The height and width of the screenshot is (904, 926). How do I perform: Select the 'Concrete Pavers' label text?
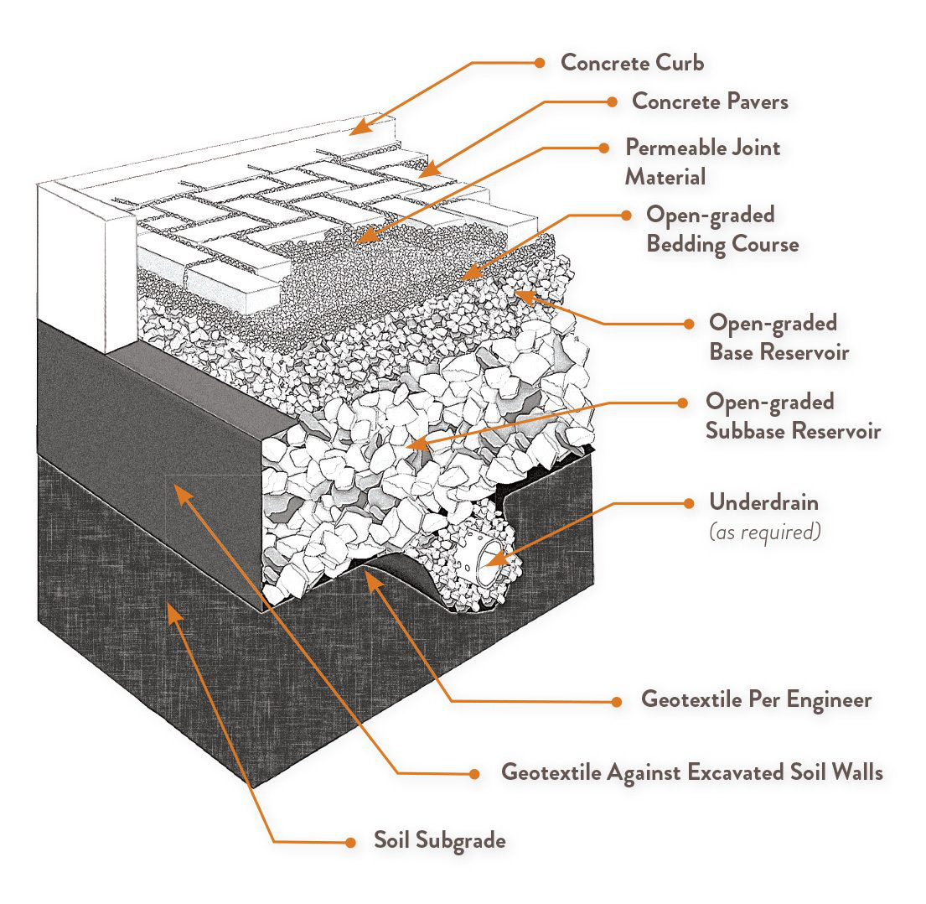point(710,101)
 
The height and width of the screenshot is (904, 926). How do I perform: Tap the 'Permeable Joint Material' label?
point(702,162)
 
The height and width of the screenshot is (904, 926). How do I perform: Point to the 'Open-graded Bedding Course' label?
point(722,229)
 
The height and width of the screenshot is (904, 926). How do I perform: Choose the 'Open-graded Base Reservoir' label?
point(779,337)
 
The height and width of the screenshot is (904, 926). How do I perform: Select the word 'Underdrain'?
point(763,502)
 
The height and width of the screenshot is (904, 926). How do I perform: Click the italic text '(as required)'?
point(764,532)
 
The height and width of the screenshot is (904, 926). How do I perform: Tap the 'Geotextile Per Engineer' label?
point(756,699)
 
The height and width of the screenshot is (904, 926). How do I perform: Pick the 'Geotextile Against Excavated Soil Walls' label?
point(691,772)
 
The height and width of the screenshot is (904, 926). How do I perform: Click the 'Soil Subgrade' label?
point(439,840)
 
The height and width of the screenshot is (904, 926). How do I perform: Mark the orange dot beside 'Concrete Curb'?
point(541,62)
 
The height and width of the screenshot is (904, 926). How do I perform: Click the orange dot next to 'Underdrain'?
point(689,503)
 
